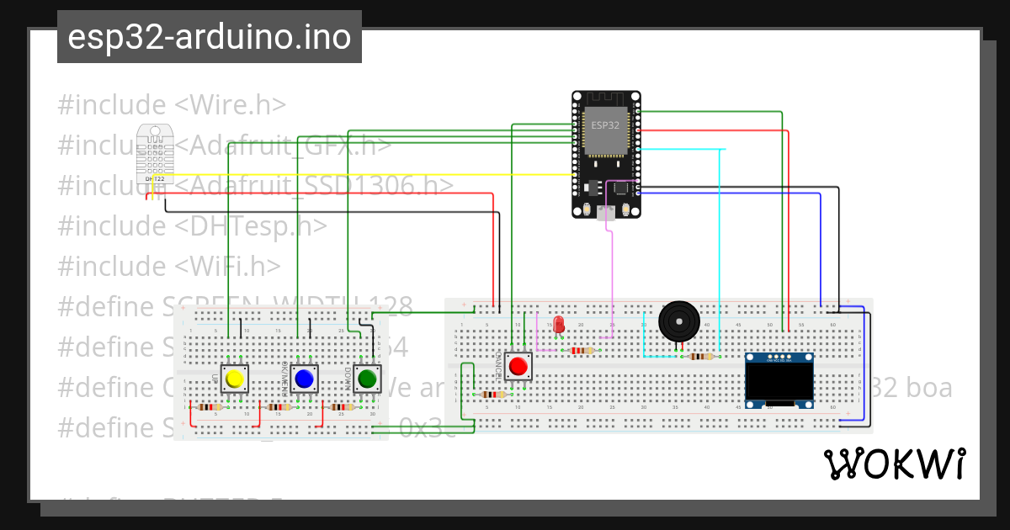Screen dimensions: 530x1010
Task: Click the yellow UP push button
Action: (235, 379)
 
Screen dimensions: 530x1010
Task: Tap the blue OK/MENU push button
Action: (304, 379)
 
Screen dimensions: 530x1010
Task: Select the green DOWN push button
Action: (367, 379)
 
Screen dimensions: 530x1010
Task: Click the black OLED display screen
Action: (779, 384)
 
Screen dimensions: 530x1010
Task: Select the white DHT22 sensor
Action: (154, 153)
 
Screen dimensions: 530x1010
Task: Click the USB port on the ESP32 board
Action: (605, 216)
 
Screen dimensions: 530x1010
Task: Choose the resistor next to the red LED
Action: (582, 351)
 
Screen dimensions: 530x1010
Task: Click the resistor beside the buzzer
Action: (700, 356)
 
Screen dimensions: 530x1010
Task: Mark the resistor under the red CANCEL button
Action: (492, 394)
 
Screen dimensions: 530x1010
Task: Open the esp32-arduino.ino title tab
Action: (210, 37)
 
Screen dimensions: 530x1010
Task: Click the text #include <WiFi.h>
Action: (169, 266)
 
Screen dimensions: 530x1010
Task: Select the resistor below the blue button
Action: (277, 407)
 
